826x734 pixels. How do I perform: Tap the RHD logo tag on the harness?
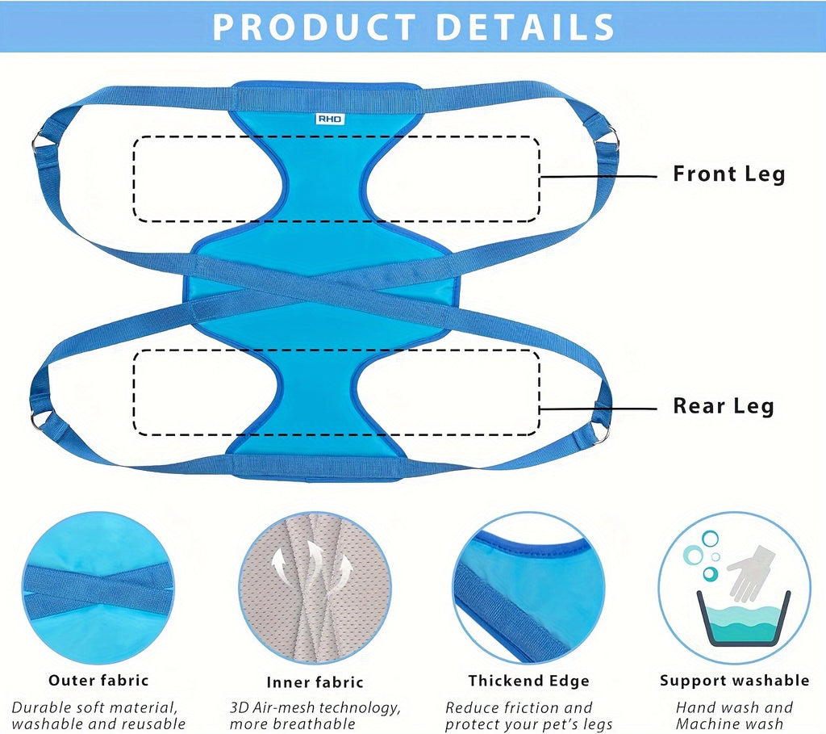(x=329, y=119)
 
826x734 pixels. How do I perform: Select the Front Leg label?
(x=728, y=174)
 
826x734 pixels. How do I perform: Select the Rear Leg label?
(x=724, y=406)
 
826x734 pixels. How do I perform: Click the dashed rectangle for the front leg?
(x=336, y=178)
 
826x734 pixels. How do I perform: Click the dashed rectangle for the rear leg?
(x=336, y=392)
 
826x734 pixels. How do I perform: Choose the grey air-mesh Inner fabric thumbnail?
(x=315, y=587)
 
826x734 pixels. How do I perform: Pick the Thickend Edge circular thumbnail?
(x=528, y=587)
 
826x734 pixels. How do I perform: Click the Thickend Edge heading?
(x=528, y=681)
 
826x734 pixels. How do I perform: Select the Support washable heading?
(x=734, y=680)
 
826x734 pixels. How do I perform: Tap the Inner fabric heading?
(x=315, y=682)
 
